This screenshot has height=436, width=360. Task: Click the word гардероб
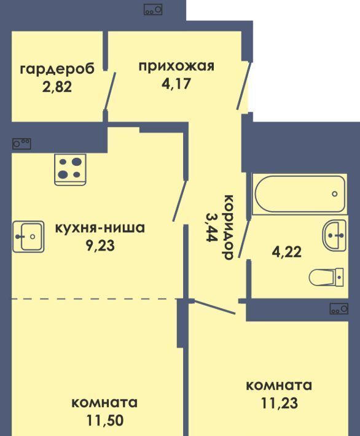click(58, 69)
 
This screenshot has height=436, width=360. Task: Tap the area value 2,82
click(57, 87)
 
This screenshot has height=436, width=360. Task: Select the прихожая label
click(177, 67)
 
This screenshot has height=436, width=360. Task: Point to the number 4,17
click(176, 83)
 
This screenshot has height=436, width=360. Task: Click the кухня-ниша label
click(100, 228)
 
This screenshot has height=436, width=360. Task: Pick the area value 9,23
click(100, 245)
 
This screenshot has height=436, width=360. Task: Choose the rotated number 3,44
click(212, 227)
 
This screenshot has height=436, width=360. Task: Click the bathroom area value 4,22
click(286, 252)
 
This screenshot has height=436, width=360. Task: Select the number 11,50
click(104, 421)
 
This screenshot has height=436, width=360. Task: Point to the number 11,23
click(279, 403)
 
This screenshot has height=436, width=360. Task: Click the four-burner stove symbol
click(70, 169)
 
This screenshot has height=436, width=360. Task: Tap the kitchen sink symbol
click(28, 236)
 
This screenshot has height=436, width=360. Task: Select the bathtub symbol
click(299, 194)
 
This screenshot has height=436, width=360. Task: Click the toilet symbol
click(326, 277)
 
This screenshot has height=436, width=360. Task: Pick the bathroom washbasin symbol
click(334, 236)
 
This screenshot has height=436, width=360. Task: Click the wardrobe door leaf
click(109, 91)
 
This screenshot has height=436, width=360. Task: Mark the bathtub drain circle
click(335, 194)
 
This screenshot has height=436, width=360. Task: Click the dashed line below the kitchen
click(95, 299)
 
